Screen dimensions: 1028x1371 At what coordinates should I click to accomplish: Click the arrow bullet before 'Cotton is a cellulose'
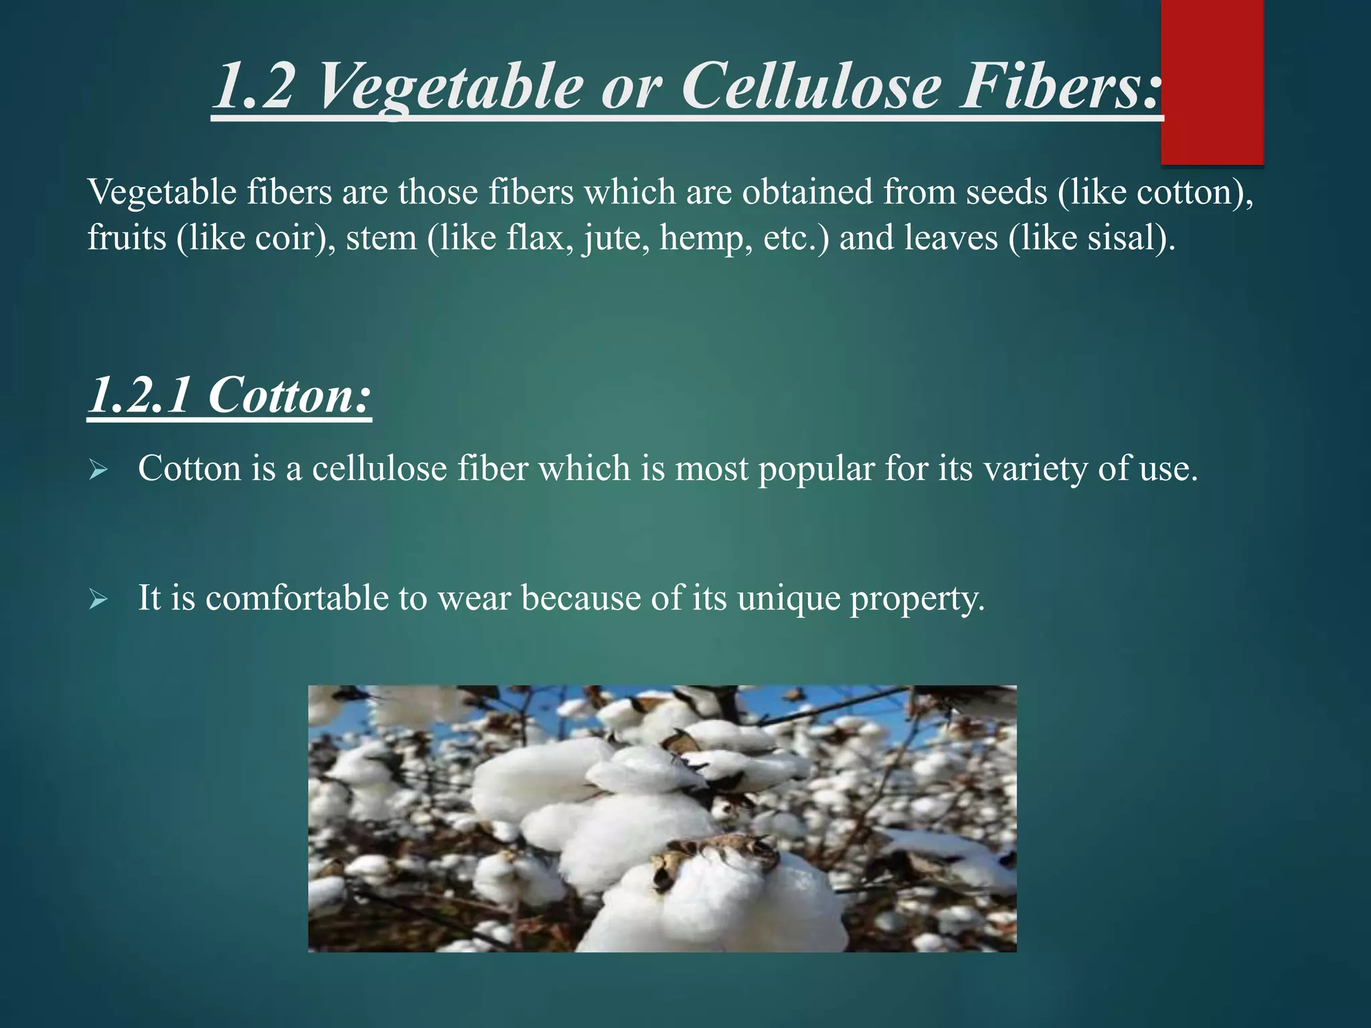[x=98, y=470]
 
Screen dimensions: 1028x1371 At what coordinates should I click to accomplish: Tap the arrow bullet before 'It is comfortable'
[x=98, y=600]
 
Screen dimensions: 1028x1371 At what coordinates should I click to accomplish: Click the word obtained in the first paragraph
[x=806, y=192]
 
